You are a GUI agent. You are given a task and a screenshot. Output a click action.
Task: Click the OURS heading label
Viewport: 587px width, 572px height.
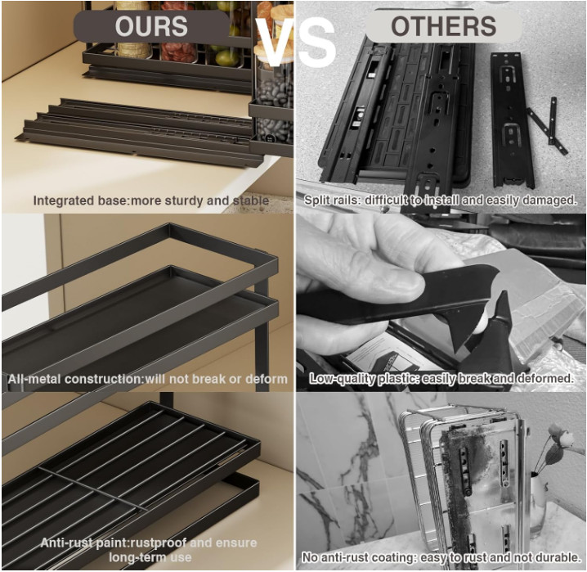(151, 26)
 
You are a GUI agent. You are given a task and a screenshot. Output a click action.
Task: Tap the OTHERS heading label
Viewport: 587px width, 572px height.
(443, 26)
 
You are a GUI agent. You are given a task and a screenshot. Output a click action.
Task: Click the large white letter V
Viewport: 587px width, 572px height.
(276, 42)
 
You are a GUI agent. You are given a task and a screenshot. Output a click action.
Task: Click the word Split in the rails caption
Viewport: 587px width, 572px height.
(313, 200)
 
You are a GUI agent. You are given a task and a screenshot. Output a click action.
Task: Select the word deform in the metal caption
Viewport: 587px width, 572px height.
(266, 379)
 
